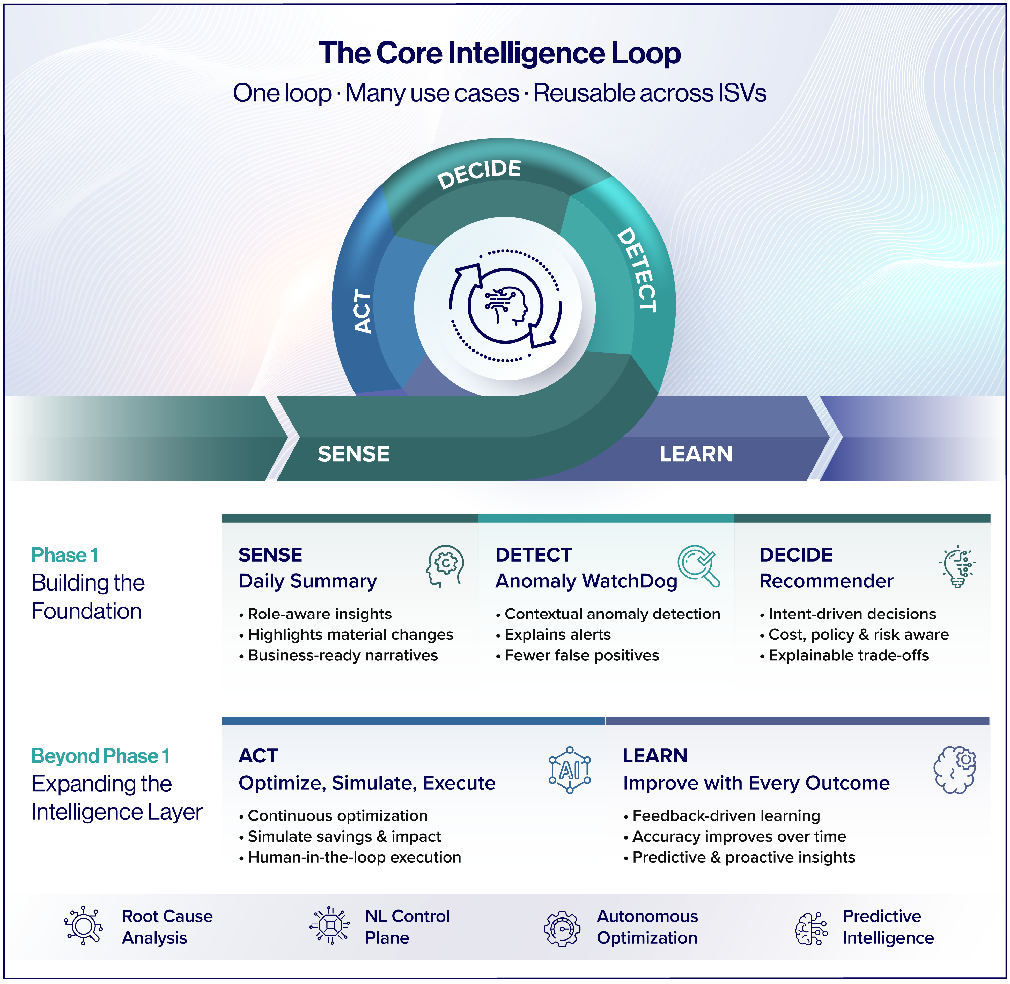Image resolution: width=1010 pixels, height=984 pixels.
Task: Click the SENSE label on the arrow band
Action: pos(353,454)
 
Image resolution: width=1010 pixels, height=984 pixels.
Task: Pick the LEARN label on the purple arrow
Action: pos(696,454)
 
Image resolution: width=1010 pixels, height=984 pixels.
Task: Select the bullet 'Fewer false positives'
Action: pos(582,655)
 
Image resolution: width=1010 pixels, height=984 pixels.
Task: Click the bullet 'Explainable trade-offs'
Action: pos(848,655)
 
